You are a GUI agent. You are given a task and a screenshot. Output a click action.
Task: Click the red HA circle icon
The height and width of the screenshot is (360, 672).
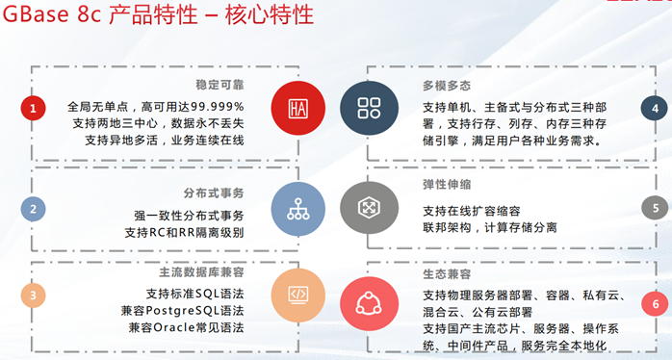(297, 107)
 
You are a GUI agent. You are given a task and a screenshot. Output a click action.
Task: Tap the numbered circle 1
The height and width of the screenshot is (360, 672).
(33, 109)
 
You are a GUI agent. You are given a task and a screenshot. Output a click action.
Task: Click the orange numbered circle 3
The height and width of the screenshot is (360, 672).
(33, 296)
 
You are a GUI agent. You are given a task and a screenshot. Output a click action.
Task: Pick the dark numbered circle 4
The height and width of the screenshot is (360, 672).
(655, 109)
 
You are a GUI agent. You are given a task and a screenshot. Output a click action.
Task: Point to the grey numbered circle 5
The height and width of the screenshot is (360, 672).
(655, 207)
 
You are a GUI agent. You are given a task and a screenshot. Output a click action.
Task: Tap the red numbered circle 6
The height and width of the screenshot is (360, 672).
(655, 304)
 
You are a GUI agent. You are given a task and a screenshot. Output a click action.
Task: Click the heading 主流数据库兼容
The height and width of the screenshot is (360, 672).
(203, 272)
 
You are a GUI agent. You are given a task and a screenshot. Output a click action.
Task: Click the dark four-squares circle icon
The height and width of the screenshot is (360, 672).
(369, 107)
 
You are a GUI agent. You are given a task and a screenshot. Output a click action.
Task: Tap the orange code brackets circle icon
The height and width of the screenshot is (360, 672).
(297, 294)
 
